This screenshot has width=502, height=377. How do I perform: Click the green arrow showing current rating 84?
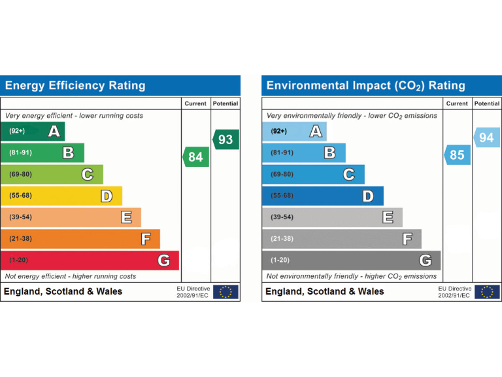click(x=195, y=157)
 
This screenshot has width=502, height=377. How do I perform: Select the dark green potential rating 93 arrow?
click(x=226, y=139)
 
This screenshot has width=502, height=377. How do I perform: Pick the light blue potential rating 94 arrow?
click(x=486, y=137)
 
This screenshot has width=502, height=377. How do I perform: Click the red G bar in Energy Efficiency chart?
click(x=90, y=260)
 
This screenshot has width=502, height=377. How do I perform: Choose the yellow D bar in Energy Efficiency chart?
click(x=61, y=196)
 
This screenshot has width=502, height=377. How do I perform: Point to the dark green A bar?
click(x=33, y=132)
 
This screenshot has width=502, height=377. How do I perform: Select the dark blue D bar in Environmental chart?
click(x=323, y=196)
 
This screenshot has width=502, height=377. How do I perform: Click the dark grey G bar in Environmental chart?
click(x=351, y=260)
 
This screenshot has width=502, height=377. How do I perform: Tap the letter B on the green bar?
click(x=68, y=153)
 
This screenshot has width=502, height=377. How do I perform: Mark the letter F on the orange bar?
click(x=146, y=239)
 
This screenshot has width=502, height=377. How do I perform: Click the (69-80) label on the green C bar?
click(x=20, y=174)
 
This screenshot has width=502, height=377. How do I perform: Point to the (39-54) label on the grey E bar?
click(x=282, y=217)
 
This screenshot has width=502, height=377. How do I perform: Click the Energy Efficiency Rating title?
click(x=75, y=86)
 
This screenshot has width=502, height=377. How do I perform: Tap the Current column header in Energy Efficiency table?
click(x=195, y=103)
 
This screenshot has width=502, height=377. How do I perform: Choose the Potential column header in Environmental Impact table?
click(x=486, y=103)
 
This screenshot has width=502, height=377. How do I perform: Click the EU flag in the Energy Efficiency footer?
click(x=226, y=292)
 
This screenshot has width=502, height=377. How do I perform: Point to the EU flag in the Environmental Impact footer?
click(x=487, y=292)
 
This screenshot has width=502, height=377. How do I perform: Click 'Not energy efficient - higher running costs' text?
click(x=71, y=276)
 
